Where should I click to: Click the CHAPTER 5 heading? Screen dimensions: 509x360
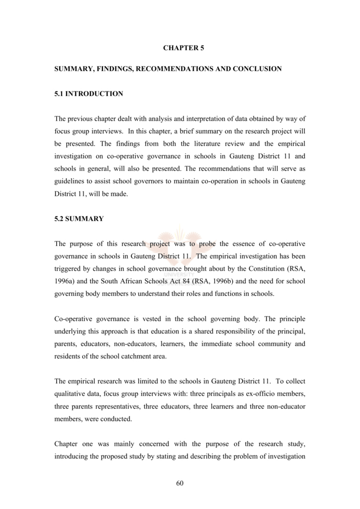coord(183,48)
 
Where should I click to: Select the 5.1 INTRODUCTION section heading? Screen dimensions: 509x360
coord(89,93)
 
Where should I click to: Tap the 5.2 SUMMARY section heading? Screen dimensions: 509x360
coord(79,219)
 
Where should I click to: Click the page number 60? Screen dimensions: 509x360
coord(180,484)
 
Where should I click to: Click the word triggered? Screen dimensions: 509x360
coord(68,269)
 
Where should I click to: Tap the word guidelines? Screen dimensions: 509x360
coord(70,181)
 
